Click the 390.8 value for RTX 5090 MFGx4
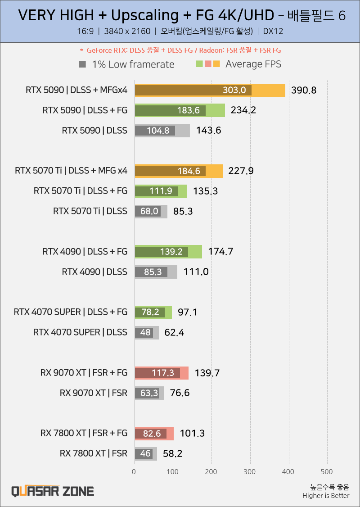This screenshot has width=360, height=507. [x=304, y=91]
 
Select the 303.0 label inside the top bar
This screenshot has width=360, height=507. [x=234, y=91]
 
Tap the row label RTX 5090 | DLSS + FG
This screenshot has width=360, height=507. [x=85, y=110]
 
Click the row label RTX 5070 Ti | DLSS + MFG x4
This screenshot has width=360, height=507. [x=71, y=171]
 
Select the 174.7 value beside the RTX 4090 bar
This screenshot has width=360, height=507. [x=220, y=252]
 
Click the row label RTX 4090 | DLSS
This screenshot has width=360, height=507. [x=94, y=272]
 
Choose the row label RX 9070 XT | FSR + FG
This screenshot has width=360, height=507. [x=84, y=373]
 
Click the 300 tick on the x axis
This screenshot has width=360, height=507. [x=250, y=471]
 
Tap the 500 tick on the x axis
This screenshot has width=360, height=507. [x=327, y=471]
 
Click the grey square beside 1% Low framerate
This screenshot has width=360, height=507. [x=82, y=64]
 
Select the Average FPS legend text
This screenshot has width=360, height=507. [x=253, y=64]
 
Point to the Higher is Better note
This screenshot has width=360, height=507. [x=326, y=496]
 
